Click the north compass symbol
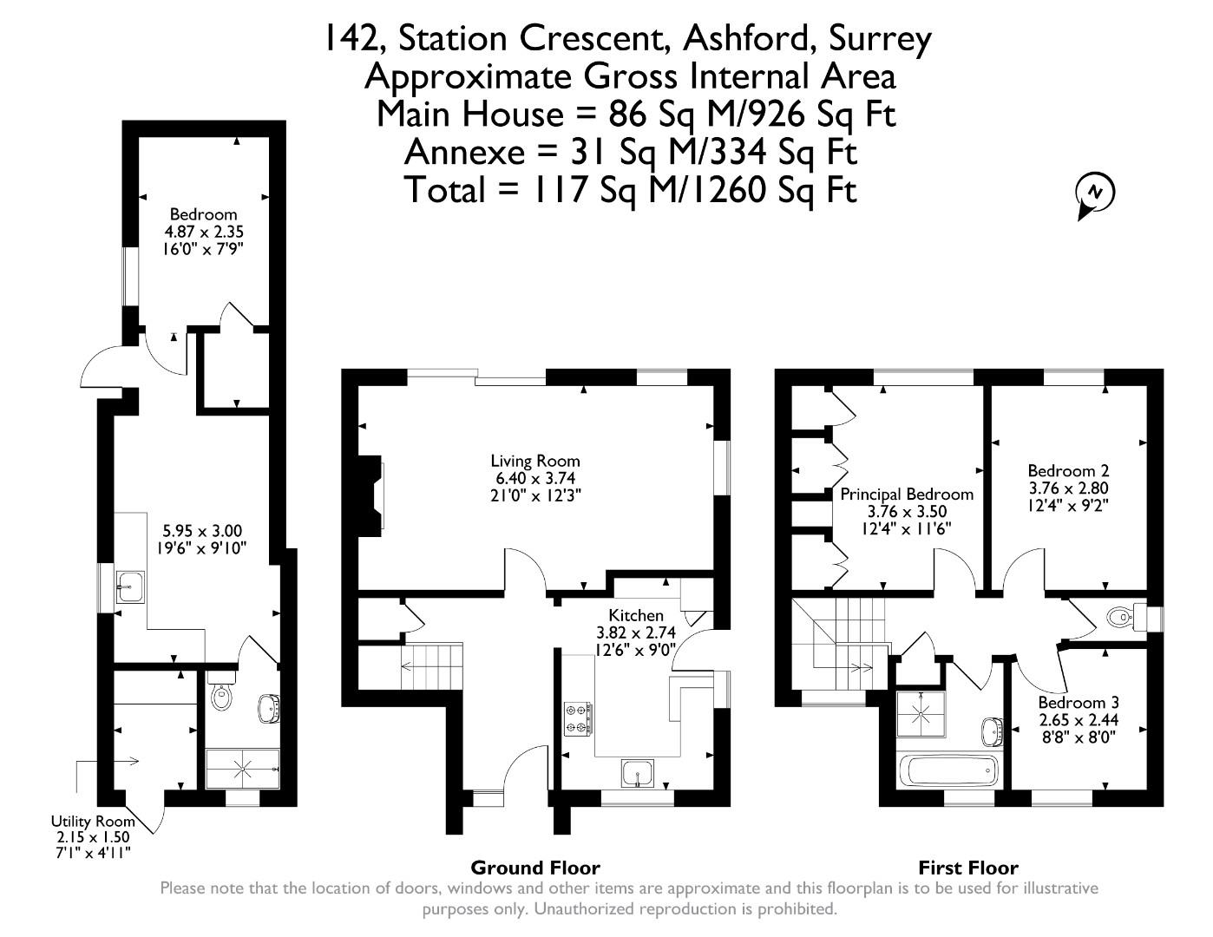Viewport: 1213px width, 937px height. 1095,193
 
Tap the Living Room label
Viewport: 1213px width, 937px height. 534,461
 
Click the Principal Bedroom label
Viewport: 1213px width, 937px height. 907,494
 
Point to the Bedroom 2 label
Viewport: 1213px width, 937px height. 1080,471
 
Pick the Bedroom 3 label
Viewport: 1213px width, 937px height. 1079,702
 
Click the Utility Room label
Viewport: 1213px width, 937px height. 92,821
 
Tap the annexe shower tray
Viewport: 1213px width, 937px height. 242,769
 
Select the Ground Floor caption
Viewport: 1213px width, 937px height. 534,867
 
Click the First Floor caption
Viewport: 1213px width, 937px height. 967,867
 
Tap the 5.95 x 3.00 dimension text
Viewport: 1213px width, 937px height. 202,531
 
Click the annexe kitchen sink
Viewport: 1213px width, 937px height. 132,586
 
